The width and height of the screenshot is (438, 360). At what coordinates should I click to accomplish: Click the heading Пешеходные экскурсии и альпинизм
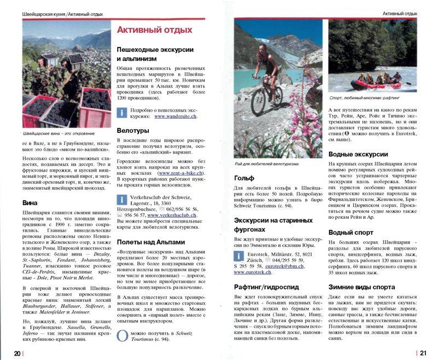click(x=155, y=54)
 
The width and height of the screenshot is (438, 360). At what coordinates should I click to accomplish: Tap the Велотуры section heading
click(x=133, y=131)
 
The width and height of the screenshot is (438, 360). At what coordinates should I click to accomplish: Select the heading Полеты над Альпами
click(x=151, y=242)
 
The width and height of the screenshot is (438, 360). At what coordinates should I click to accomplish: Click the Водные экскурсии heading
click(x=358, y=154)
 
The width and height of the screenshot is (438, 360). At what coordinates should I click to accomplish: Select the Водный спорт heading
click(x=351, y=233)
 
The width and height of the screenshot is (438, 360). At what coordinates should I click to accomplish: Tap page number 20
click(x=18, y=353)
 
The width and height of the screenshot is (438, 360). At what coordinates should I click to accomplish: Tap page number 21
click(x=423, y=353)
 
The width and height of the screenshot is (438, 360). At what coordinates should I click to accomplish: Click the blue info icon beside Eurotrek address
click(x=239, y=256)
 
